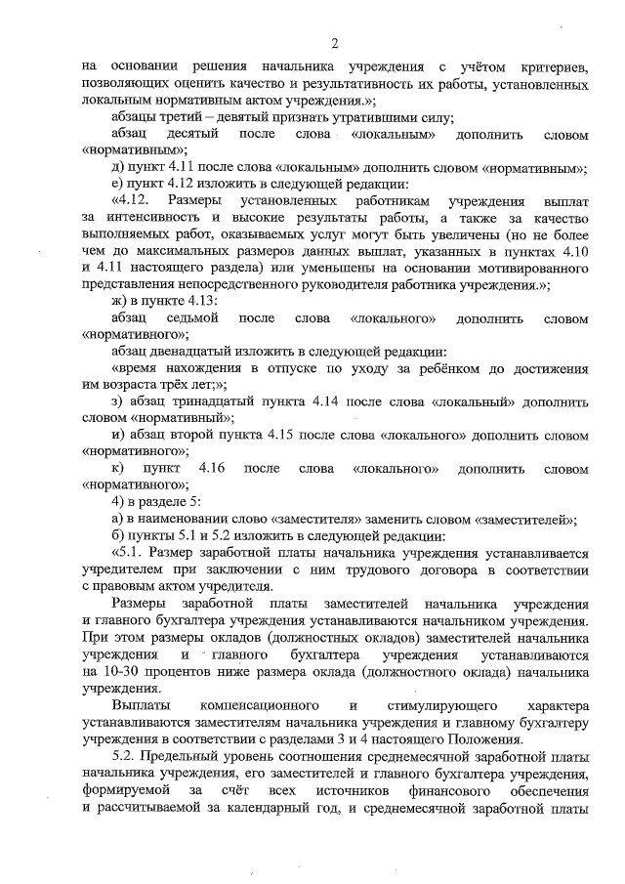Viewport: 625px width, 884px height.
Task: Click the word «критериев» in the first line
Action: coord(553,65)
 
